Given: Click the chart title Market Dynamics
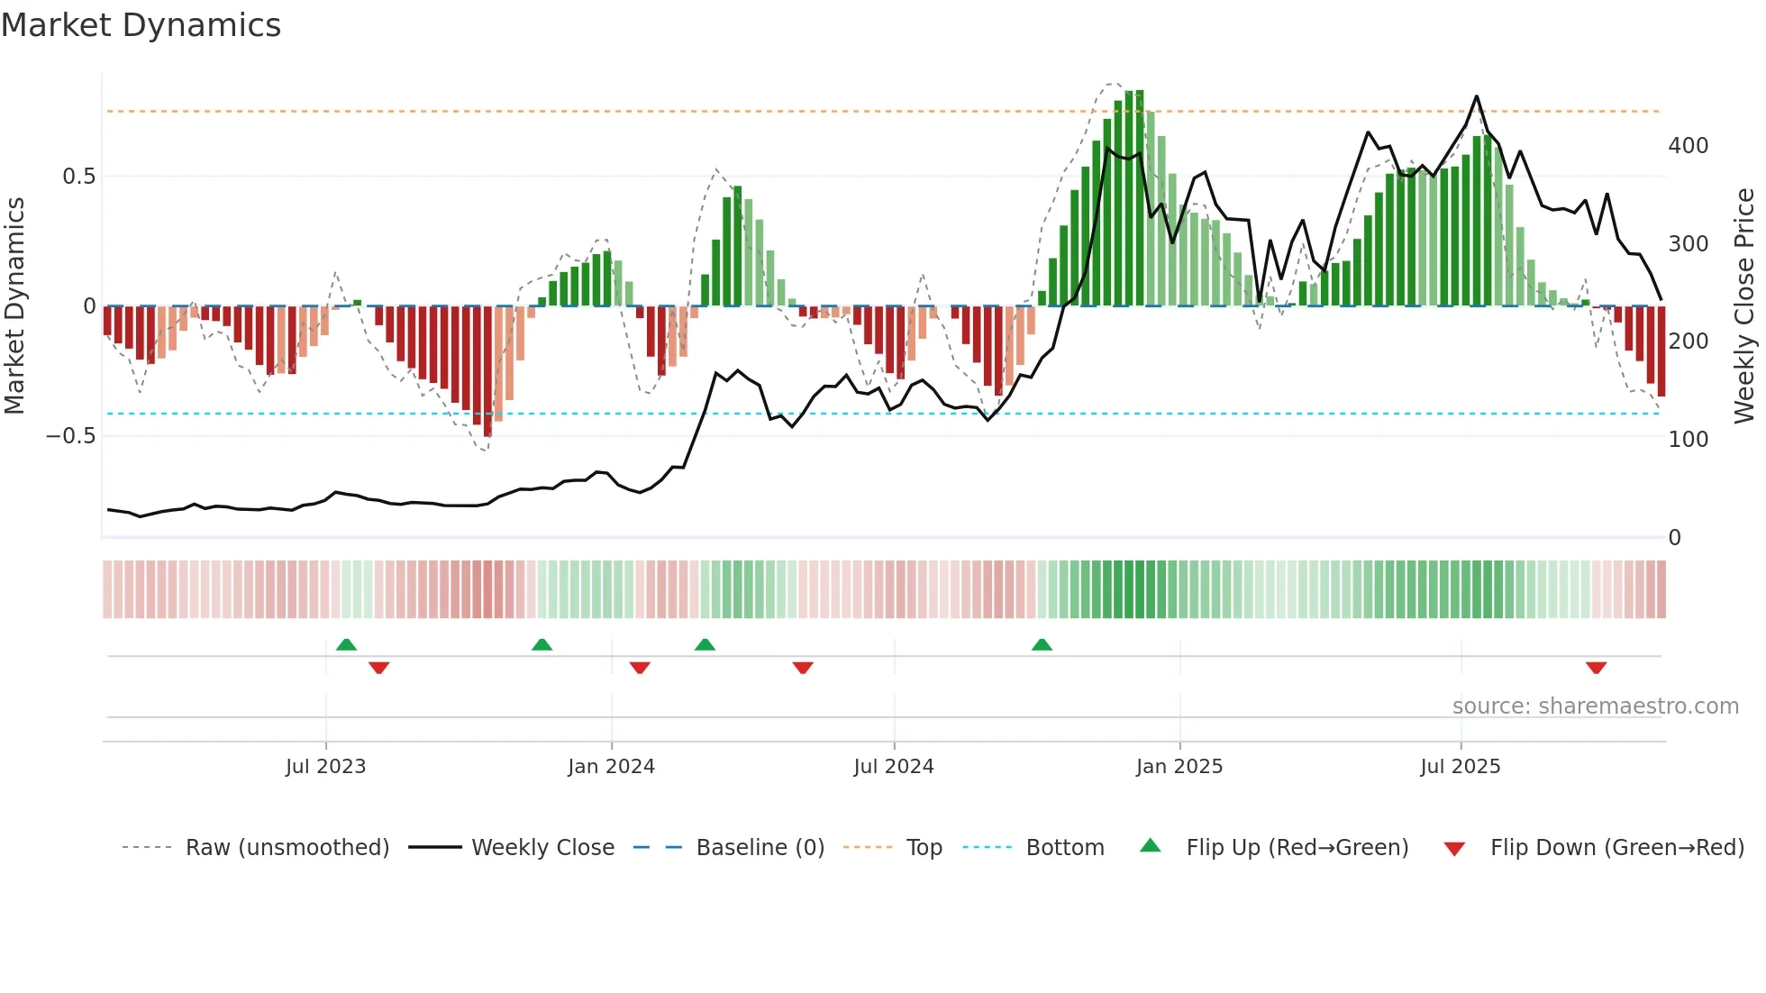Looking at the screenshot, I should [x=141, y=25].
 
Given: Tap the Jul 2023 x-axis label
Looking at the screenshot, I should [x=325, y=767].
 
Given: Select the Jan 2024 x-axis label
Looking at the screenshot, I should [x=611, y=767].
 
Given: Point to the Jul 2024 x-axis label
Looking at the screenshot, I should [x=893, y=767].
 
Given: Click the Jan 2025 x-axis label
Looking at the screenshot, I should [x=1179, y=767].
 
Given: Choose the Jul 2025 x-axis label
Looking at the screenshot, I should [x=1460, y=767].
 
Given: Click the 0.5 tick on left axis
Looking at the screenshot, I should [x=78, y=177].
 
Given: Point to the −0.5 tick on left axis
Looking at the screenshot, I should [x=70, y=436].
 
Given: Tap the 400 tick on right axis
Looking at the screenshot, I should [x=1688, y=146].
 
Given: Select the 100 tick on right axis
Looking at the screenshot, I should [x=1688, y=440].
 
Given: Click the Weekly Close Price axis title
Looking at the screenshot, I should [x=1744, y=306].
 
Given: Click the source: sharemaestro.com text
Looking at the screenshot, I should [x=1595, y=706].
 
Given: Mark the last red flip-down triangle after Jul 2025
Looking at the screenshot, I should [x=1596, y=668].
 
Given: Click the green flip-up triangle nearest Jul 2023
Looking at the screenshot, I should [x=346, y=644].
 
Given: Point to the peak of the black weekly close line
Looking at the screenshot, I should [x=1476, y=96].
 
